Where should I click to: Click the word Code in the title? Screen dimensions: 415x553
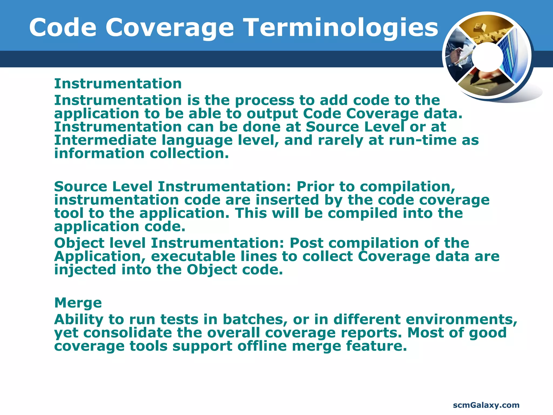63,28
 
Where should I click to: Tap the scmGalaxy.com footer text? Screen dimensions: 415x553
486,405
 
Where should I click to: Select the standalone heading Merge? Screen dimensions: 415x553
78,303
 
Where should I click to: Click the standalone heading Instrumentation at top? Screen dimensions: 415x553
118,83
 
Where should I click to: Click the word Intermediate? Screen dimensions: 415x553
105,140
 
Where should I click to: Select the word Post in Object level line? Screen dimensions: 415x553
306,243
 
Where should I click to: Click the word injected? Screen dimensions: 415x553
85,270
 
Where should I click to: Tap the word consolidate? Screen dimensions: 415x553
127,333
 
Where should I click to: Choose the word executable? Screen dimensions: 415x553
193,256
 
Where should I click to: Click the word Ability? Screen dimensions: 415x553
79,320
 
